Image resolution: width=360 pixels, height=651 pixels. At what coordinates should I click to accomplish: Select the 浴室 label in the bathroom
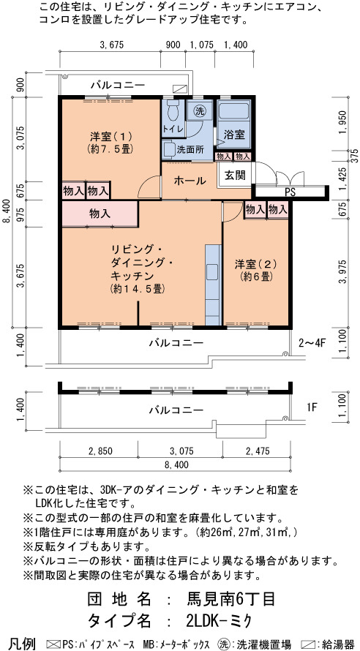click(233, 135)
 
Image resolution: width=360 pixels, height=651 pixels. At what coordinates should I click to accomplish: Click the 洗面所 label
click(190, 150)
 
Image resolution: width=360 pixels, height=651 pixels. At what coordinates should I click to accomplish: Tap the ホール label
click(190, 181)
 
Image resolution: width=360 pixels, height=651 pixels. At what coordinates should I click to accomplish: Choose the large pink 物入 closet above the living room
click(100, 214)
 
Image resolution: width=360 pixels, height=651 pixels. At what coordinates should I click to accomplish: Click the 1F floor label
click(312, 407)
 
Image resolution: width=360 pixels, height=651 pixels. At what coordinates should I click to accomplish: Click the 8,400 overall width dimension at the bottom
click(176, 464)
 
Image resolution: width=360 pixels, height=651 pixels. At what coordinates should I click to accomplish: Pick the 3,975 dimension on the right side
click(342, 272)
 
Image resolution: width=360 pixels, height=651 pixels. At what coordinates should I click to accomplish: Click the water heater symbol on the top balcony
click(180, 89)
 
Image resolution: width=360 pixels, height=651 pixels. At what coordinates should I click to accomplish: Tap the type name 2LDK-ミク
click(219, 620)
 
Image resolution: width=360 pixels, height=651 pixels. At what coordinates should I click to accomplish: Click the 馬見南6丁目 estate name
click(231, 599)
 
